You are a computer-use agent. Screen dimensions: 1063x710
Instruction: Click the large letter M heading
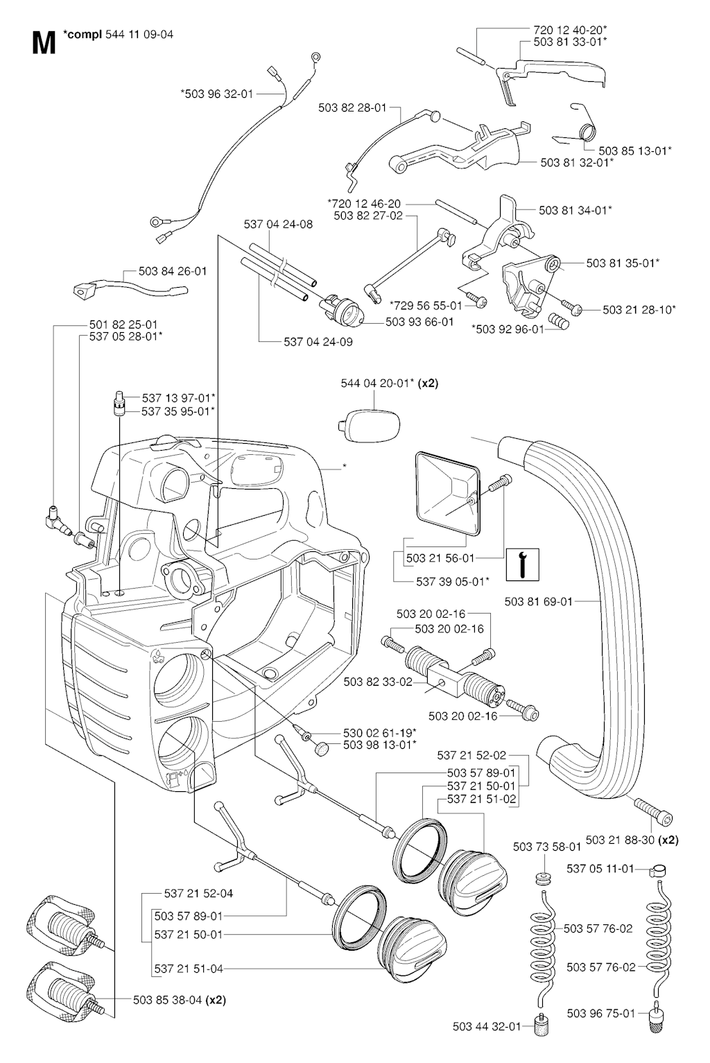click(43, 43)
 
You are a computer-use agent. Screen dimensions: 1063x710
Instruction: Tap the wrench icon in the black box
click(521, 564)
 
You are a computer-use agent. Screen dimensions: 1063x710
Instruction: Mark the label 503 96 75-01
click(600, 1013)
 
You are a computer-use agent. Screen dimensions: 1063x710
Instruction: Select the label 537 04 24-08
click(278, 224)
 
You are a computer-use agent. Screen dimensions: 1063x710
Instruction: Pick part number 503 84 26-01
click(173, 271)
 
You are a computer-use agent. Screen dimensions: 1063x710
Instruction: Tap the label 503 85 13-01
click(634, 150)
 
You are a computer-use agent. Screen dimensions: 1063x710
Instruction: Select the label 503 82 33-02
click(378, 682)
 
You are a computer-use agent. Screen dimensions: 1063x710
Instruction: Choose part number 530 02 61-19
click(379, 732)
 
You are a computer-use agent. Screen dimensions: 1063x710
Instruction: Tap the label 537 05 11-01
click(600, 867)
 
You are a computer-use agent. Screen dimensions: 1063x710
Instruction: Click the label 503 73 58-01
click(547, 846)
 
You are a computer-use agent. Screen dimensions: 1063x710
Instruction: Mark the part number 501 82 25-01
click(123, 324)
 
